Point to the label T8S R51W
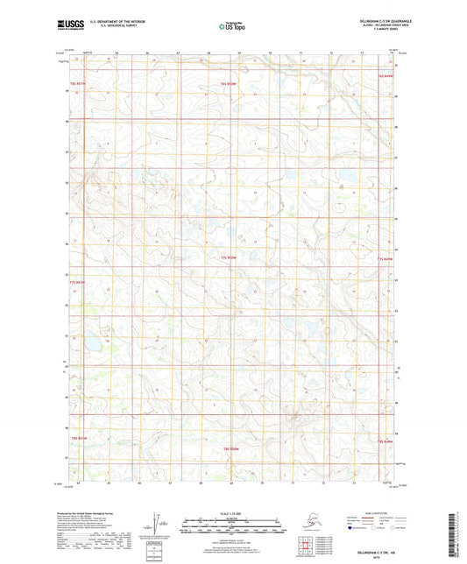pyautogui.click(x=80, y=438)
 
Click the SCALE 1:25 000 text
pyautogui.click(x=232, y=513)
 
